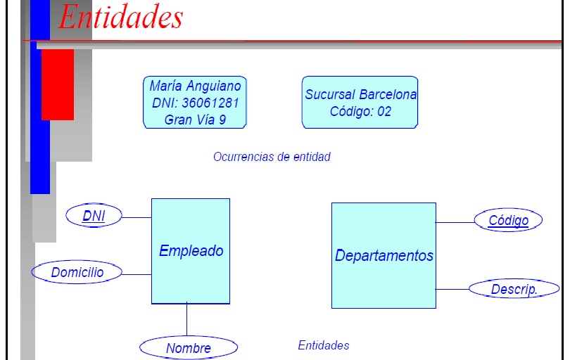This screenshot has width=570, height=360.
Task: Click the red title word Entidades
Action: [x=120, y=17]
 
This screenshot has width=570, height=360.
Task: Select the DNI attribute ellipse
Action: [x=94, y=216]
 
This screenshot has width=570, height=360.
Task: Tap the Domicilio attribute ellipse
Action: [x=77, y=272]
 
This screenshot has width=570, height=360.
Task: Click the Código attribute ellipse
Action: [x=508, y=221]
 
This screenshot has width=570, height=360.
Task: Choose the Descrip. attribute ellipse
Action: [x=514, y=289]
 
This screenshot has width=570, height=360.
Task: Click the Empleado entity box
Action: [x=191, y=251]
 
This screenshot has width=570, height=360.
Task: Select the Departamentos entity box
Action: [x=384, y=255]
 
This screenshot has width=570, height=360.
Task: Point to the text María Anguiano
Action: [x=195, y=86]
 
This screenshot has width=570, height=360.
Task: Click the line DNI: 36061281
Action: [x=195, y=103]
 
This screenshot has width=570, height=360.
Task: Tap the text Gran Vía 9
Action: [x=195, y=120]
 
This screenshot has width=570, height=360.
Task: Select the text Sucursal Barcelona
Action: [x=360, y=94]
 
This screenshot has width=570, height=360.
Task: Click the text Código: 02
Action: [x=360, y=111]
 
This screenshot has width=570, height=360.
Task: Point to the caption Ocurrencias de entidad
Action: [x=272, y=157]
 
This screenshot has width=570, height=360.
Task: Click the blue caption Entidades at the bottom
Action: [x=323, y=345]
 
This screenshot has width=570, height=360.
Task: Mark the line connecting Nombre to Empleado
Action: [x=186, y=320]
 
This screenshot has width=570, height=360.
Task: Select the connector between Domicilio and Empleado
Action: [x=137, y=274]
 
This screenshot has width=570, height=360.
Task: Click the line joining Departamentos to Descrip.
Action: [x=452, y=289]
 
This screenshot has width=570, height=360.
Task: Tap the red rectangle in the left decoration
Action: [x=58, y=84]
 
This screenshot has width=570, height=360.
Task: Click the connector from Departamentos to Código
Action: [x=455, y=222]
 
